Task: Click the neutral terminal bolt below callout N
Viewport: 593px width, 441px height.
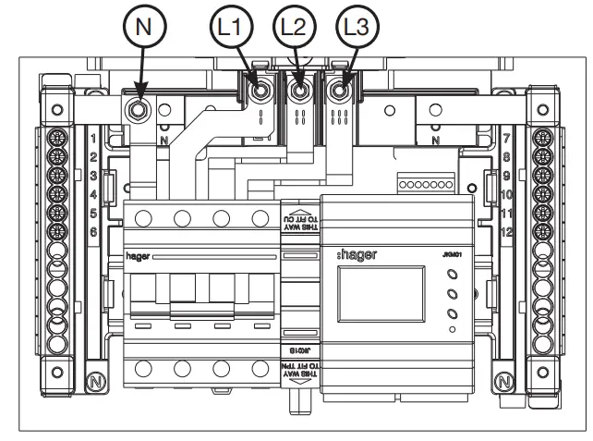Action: coord(137,109)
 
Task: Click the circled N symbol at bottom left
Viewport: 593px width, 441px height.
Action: coord(92,380)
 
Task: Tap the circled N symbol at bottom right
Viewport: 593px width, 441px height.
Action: coord(502,380)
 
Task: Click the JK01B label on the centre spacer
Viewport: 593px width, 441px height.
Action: coord(298,351)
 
